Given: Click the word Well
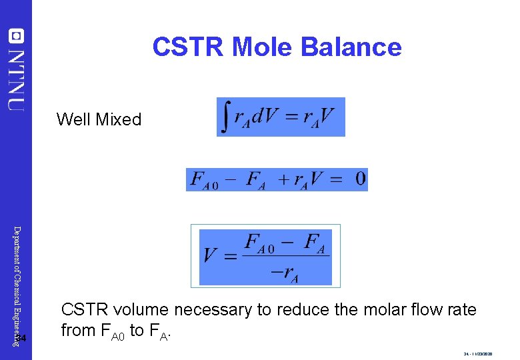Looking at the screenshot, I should tap(73, 119).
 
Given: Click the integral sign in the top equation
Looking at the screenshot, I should tap(227, 117).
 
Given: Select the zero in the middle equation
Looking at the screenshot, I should tap(360, 179).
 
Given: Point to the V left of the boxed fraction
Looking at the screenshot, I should tap(210, 256).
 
